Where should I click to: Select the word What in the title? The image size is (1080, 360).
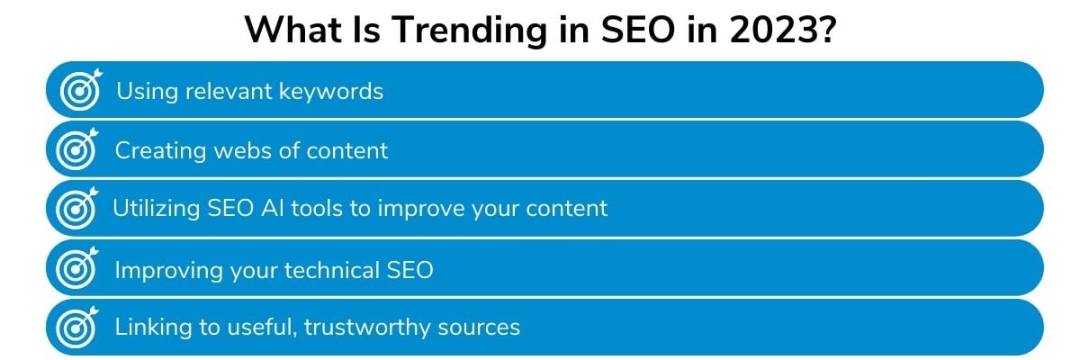pos(293,30)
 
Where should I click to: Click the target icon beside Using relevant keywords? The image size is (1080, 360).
pos(81,89)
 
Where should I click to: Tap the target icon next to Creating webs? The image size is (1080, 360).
pos(77,148)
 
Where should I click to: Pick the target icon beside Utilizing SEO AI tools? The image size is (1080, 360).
pos(77,208)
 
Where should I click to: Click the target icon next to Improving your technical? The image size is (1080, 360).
pos(77,268)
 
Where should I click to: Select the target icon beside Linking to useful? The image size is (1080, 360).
pos(77,328)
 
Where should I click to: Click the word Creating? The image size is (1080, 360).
pos(160,151)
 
